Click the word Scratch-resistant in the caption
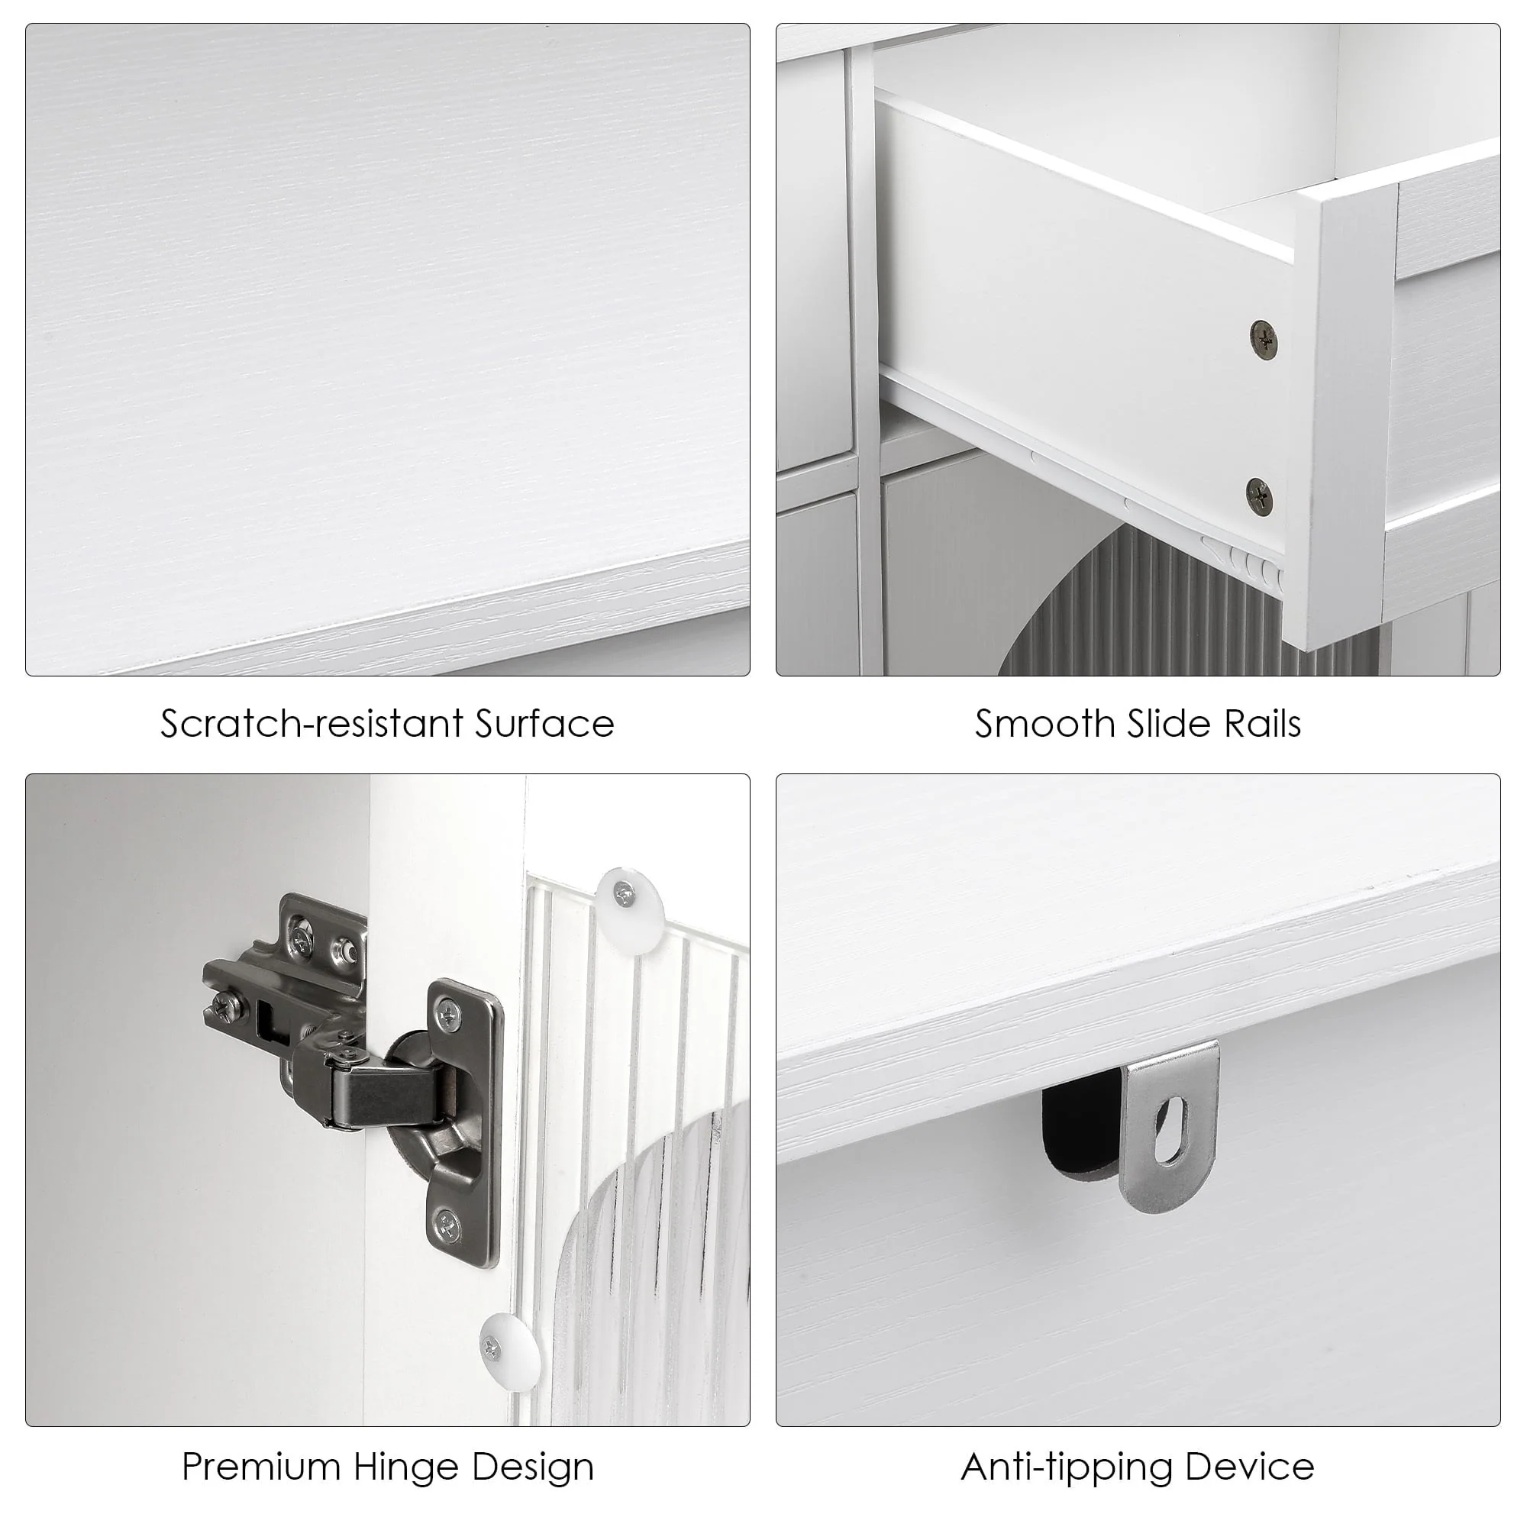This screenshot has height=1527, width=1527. [x=312, y=724]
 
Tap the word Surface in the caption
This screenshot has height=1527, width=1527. [x=544, y=724]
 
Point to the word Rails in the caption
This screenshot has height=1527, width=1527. [x=1263, y=724]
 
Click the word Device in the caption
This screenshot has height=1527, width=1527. [x=1250, y=1467]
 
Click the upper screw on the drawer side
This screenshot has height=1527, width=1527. [x=1264, y=340]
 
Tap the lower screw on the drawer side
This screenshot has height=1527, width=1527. [x=1260, y=497]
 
